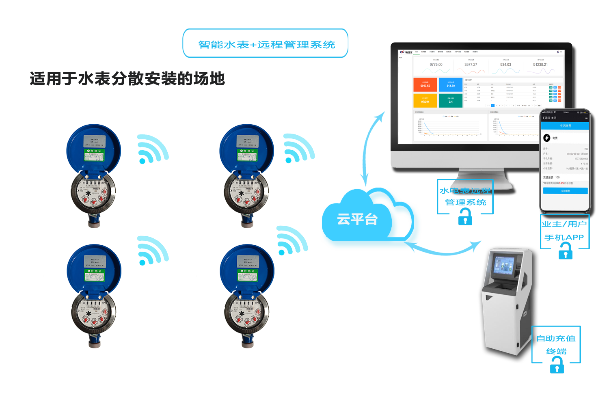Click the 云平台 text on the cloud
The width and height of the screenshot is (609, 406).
click(357, 219)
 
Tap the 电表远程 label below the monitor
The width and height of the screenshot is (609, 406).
click(471, 190)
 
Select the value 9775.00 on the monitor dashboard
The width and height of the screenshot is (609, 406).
click(436, 65)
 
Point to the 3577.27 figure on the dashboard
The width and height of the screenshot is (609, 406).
click(471, 65)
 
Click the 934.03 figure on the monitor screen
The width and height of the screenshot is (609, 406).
click(505, 65)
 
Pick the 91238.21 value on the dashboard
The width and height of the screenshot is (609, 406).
click(540, 65)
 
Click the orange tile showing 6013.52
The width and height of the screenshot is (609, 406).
click(425, 84)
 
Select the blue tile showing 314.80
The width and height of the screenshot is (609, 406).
click(451, 84)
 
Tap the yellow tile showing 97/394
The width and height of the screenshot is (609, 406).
click(425, 100)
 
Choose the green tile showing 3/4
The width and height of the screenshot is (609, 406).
click(451, 100)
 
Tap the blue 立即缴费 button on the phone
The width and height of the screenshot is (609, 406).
click(565, 191)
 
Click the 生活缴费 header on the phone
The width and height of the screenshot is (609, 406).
click(565, 126)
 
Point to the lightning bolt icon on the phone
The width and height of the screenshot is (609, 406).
click(547, 138)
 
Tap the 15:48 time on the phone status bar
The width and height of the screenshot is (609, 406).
click(566, 112)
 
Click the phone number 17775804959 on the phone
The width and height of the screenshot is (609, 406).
click(581, 159)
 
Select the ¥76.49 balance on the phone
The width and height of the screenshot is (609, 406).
click(584, 164)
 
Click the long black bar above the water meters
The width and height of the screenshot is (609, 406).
click(127, 78)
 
